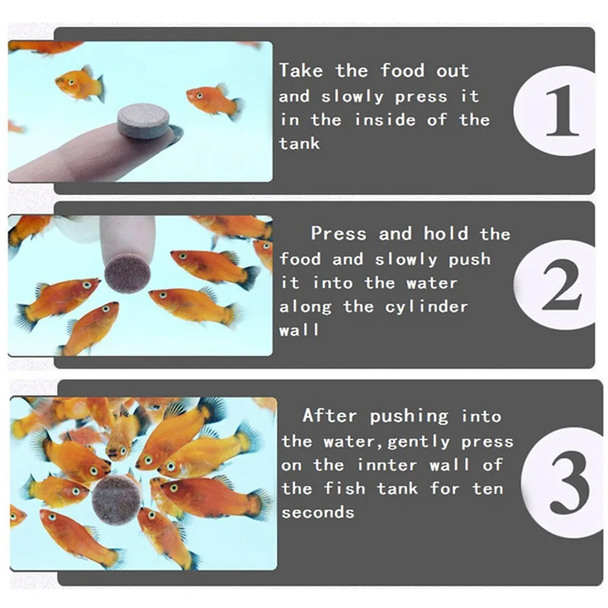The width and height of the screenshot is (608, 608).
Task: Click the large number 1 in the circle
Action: (x=562, y=110)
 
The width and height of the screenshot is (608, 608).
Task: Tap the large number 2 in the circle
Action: (x=562, y=285)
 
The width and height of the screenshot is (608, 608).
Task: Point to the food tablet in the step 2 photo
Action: (x=127, y=271)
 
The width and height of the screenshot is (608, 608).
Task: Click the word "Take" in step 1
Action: (x=301, y=71)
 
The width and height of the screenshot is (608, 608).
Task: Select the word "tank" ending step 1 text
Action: (x=299, y=144)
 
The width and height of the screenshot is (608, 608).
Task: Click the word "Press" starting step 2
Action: (x=338, y=234)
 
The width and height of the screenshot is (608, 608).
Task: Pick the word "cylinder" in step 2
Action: (x=426, y=307)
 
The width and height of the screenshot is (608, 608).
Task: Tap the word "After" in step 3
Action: (x=330, y=416)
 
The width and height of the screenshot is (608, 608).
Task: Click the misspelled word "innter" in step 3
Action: (x=388, y=464)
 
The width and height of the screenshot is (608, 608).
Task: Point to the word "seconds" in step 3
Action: (x=318, y=512)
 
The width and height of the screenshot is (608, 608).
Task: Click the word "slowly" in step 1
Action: (x=352, y=97)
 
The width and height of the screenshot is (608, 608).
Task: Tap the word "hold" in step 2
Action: (x=445, y=234)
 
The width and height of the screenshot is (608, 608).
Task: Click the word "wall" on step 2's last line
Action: (x=299, y=330)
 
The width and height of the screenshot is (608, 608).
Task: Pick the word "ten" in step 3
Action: (x=488, y=489)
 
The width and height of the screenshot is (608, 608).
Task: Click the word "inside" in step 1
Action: (x=385, y=120)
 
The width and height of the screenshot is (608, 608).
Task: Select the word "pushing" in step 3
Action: (x=409, y=416)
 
